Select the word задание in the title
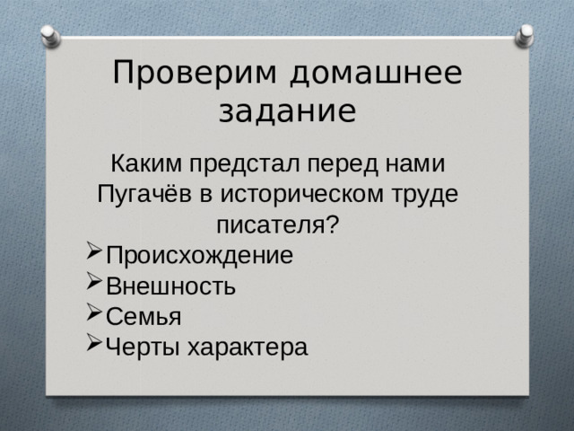[x=287, y=112]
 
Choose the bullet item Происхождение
[x=198, y=255]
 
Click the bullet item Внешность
[x=170, y=286]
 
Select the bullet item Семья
[x=143, y=316]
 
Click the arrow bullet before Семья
[x=94, y=315]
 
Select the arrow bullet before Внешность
[x=94, y=285]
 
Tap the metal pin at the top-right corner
[x=525, y=36]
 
